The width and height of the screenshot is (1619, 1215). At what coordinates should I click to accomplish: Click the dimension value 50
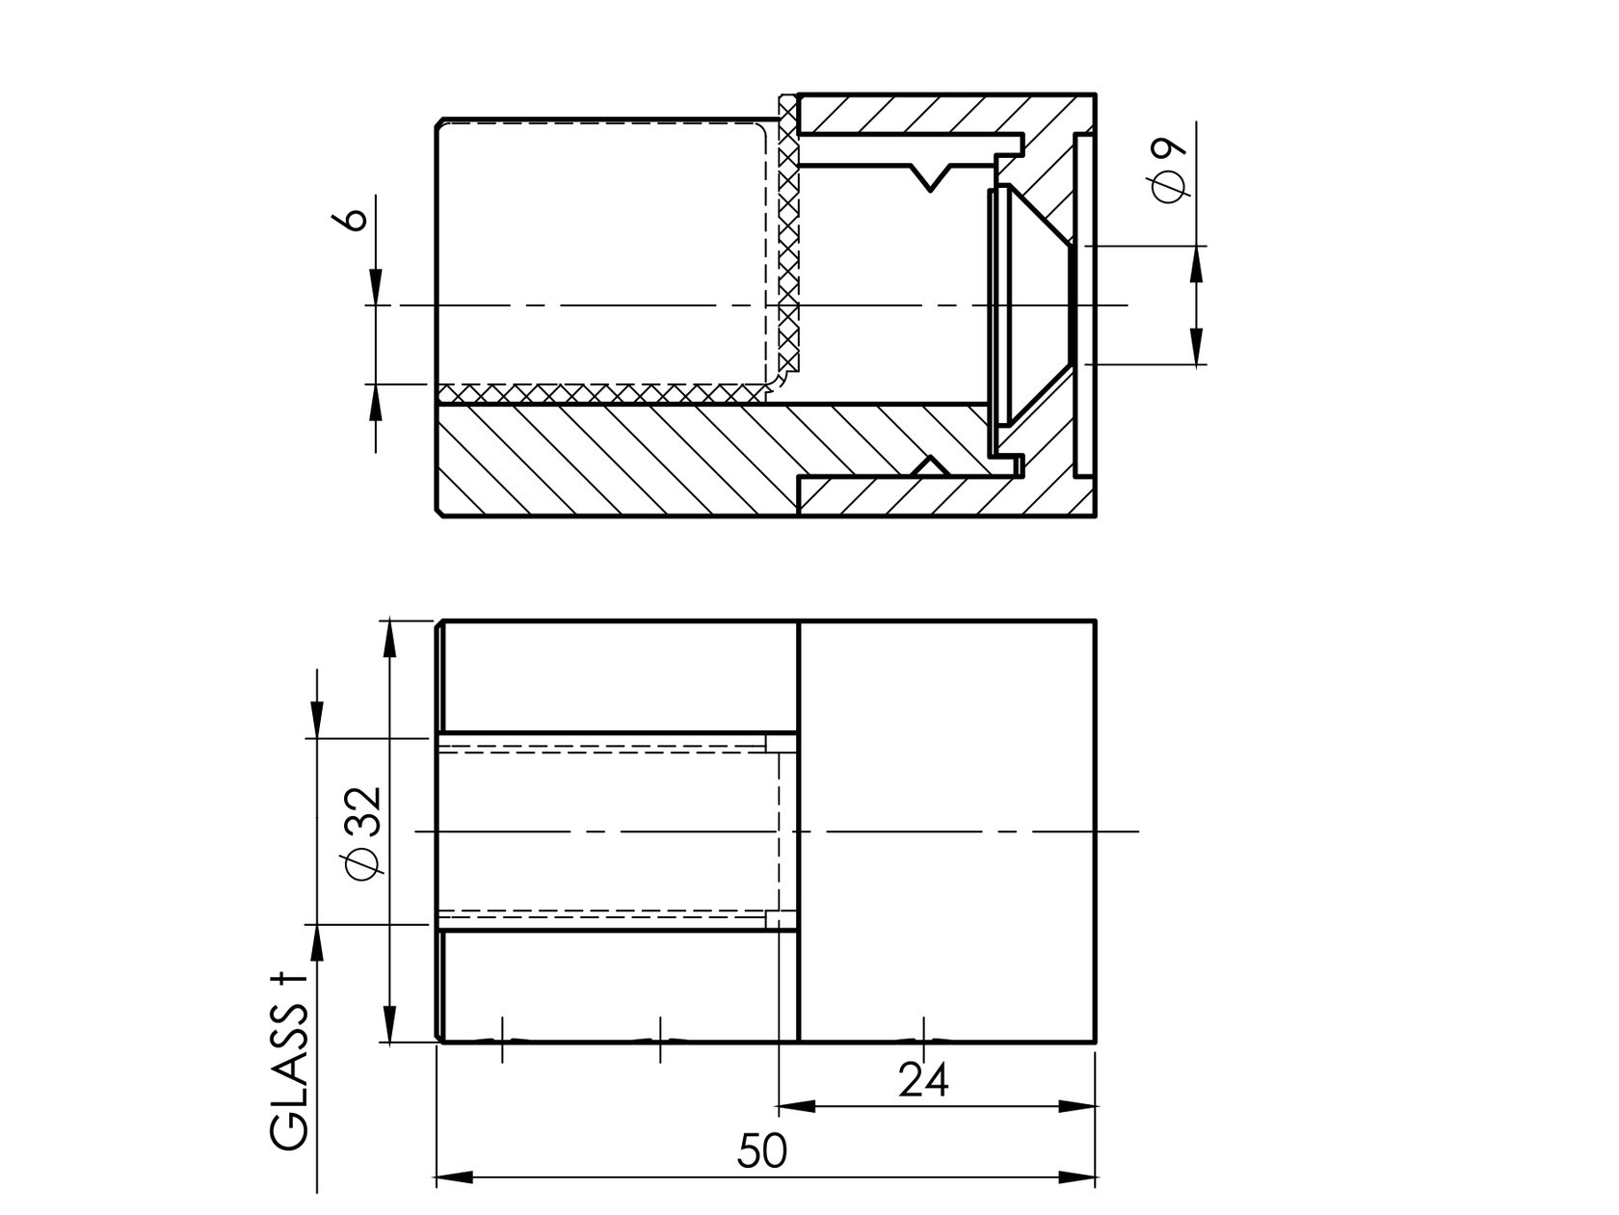[x=762, y=1150]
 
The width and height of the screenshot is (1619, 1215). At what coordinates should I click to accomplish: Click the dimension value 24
[x=923, y=1079]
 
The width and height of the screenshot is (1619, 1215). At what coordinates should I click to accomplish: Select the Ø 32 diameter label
[x=366, y=832]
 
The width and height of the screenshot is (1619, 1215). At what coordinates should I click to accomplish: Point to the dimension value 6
[x=354, y=218]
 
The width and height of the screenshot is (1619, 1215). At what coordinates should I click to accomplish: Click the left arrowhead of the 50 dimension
[x=453, y=1177]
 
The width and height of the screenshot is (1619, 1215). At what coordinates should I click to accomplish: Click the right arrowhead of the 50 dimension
[x=1078, y=1177]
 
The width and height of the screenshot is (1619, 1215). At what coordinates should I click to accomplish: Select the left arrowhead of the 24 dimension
[x=796, y=1105]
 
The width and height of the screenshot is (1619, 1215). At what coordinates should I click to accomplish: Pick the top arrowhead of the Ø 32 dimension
[x=389, y=639]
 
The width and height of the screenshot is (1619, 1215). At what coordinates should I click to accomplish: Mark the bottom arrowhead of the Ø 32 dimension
[x=389, y=1023]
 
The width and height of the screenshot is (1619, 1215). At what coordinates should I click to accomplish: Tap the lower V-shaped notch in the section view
[x=930, y=465]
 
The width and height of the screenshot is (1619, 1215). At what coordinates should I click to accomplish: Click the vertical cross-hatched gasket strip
[x=788, y=241]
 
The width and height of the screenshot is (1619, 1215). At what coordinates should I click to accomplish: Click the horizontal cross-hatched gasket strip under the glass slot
[x=597, y=393]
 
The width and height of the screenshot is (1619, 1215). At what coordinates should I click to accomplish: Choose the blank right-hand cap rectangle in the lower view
[x=947, y=831]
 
